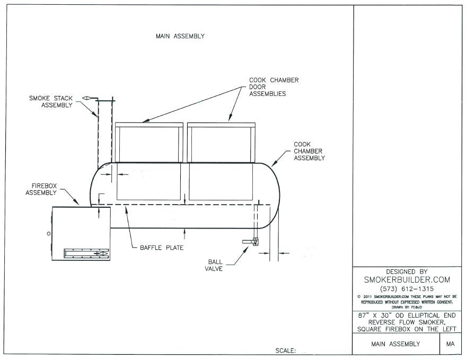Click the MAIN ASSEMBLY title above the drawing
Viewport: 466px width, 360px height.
coord(180,37)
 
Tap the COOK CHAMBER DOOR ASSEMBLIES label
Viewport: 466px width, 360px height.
coord(274,87)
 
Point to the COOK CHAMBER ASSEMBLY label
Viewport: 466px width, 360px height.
coord(309,151)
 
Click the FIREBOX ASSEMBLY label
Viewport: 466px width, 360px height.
coord(41,190)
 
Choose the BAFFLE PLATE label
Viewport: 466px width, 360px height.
coord(162,248)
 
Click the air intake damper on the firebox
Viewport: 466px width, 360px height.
coord(86,253)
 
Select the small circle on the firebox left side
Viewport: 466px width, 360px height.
coord(48,233)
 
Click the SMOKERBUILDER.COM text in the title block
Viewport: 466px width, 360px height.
coord(407,279)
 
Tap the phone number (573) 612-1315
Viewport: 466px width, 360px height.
coord(407,288)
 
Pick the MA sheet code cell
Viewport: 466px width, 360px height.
coord(451,344)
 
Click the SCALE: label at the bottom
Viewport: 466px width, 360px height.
coord(286,350)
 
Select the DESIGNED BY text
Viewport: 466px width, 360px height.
coord(407,271)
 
